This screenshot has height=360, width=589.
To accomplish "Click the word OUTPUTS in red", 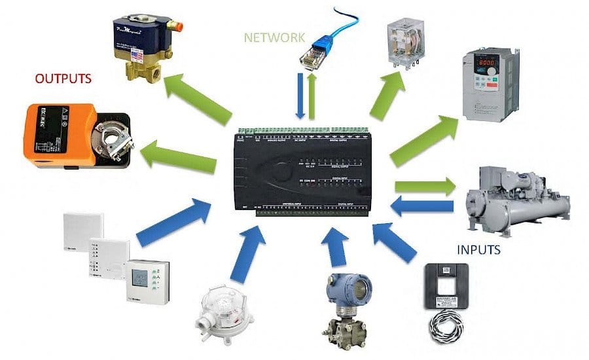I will [x=63, y=79].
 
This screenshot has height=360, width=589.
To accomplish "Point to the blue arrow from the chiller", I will [x=422, y=207].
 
